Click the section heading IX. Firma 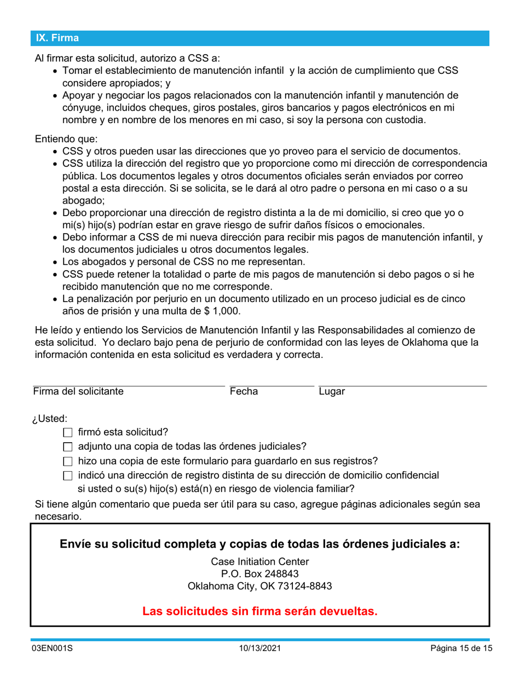pos(57,38)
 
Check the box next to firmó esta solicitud pos(68,432)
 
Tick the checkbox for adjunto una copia pos(68,446)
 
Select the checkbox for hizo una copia pos(68,461)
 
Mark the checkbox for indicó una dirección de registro pos(68,475)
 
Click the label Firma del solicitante pos(78,391)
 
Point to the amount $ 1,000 pos(222,310)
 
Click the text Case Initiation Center pos(259,562)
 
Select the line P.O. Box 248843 pos(259,574)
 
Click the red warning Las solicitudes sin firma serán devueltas pos(259,611)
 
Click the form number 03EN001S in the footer pos(51,649)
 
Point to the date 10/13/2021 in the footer pos(259,649)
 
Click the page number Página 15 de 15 pos(461,649)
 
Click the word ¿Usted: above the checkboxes pos(50,419)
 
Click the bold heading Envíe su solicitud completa pos(259,544)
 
